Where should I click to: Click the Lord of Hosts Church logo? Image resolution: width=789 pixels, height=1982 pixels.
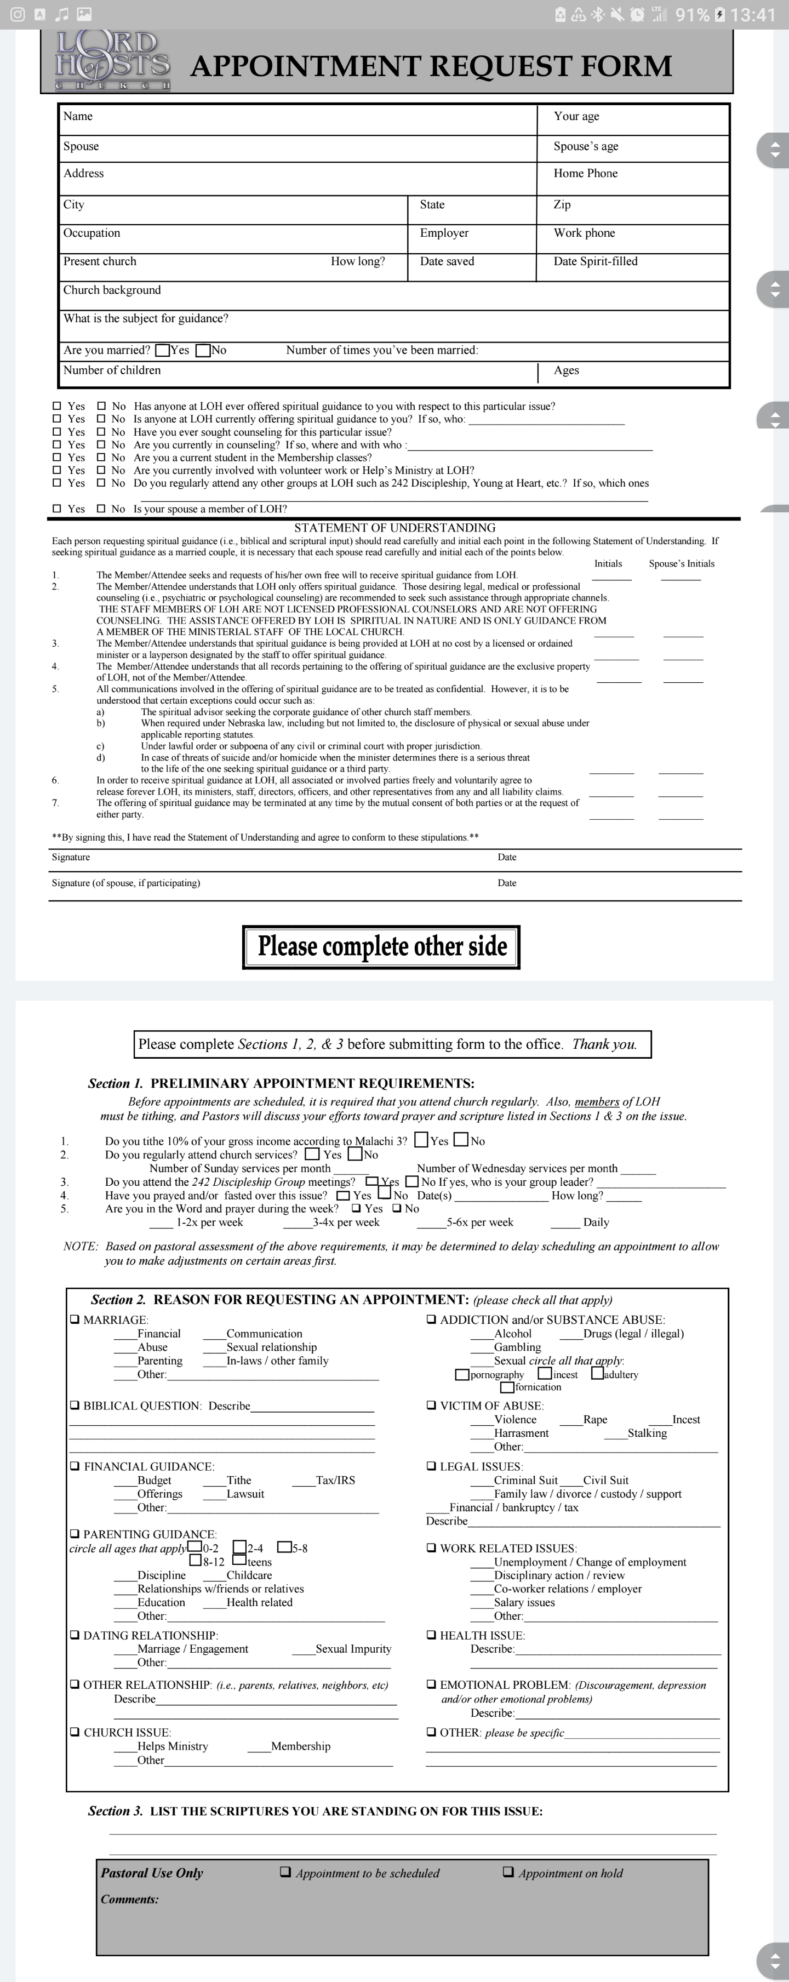[x=112, y=61]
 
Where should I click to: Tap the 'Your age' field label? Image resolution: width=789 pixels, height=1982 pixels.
[x=576, y=116]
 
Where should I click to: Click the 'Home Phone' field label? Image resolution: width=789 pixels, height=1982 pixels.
[x=585, y=174]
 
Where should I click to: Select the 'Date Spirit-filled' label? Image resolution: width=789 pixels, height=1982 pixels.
[x=595, y=261]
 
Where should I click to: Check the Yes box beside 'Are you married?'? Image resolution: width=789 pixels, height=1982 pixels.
[x=162, y=351]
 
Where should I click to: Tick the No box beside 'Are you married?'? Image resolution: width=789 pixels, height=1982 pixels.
[x=204, y=351]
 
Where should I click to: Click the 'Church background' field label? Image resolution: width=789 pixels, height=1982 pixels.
[x=112, y=290]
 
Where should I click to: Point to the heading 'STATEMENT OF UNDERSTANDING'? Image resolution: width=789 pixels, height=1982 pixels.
[x=395, y=528]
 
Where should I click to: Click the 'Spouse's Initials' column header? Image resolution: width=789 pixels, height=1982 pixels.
[x=682, y=564]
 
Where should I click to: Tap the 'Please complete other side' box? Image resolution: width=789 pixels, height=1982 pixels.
[x=381, y=946]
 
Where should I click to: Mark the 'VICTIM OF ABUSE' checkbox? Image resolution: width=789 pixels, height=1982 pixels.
[x=431, y=1406]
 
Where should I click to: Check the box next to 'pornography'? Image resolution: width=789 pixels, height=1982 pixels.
[x=462, y=1375]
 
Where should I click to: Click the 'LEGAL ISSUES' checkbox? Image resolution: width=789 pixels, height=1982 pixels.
[x=431, y=1466]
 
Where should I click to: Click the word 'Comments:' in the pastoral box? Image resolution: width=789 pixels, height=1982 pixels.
[x=130, y=1899]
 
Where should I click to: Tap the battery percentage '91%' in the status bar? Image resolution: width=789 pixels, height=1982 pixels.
[x=691, y=15]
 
